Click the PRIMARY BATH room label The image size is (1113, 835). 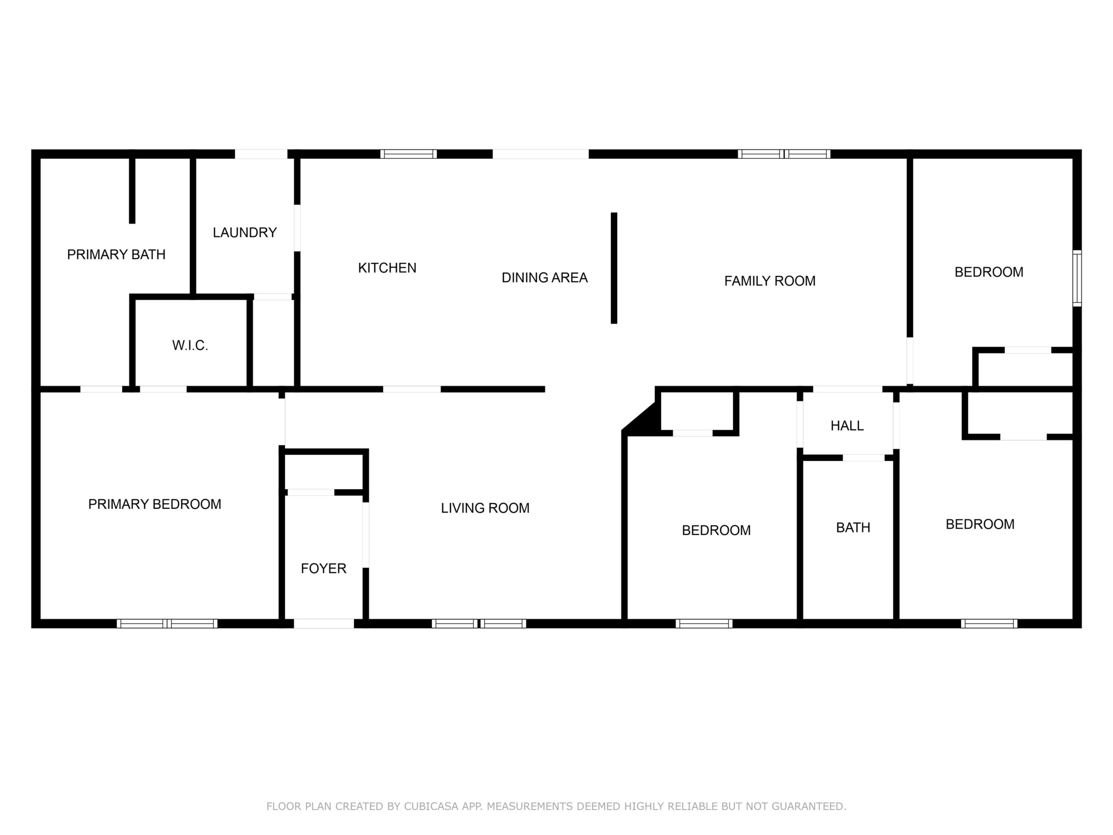[x=116, y=255]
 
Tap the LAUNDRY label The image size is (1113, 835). [x=244, y=233]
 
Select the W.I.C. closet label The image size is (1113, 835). [x=190, y=345]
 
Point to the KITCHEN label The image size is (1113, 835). [x=387, y=268]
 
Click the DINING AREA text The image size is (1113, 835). [x=544, y=277]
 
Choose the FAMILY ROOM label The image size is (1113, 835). [x=770, y=281]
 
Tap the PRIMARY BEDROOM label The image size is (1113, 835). [x=154, y=504]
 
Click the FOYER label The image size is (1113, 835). [x=323, y=569]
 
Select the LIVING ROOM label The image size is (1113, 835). [x=485, y=508]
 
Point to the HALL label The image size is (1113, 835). [x=847, y=426]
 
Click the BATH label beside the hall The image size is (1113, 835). [x=853, y=528]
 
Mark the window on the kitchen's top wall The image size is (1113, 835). [x=409, y=154]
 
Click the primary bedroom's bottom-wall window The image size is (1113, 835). [x=167, y=624]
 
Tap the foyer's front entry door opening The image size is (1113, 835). [x=324, y=624]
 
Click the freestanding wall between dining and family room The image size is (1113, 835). [x=614, y=268]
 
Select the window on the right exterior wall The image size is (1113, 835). [x=1077, y=278]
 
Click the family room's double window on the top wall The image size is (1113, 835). [x=784, y=154]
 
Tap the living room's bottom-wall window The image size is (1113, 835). [x=479, y=624]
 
